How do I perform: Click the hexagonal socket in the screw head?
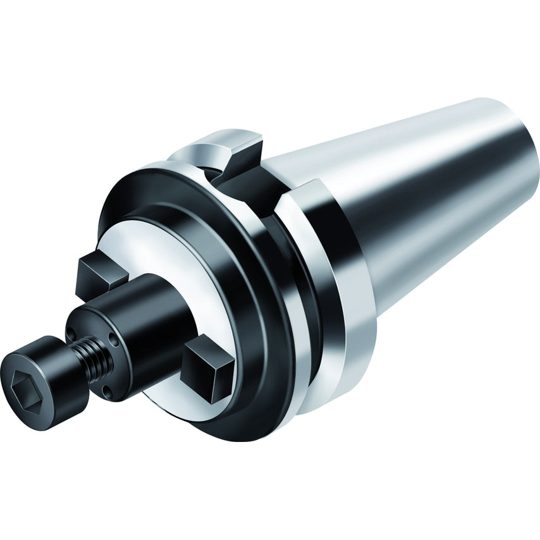pos(24,381)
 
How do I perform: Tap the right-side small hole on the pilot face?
pos(114,341)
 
